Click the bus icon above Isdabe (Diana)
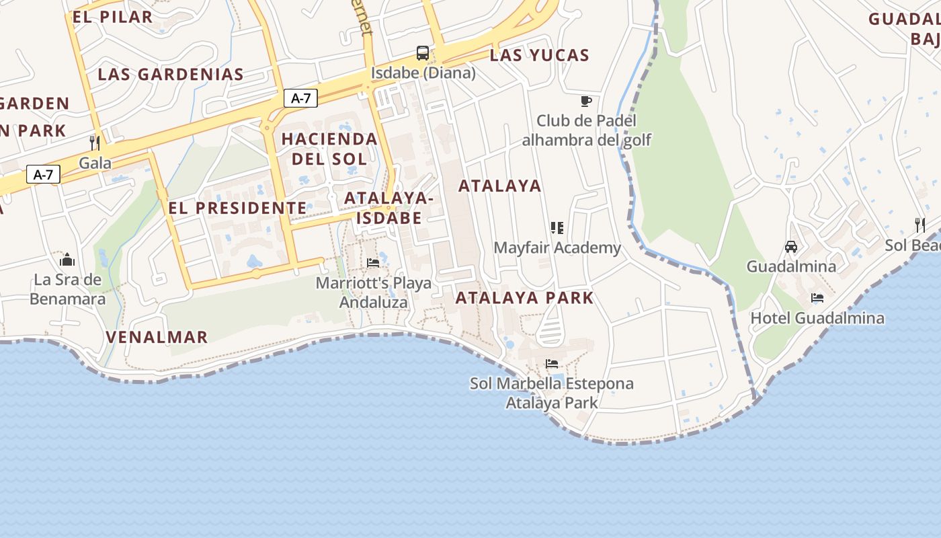coord(423,53)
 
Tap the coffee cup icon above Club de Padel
coord(586,102)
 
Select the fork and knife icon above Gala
coord(95,143)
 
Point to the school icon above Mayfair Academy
coord(557,228)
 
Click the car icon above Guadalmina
coord(791,247)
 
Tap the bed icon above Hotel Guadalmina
coord(817,298)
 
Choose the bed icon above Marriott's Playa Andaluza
coord(373,263)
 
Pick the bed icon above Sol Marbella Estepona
coord(552,364)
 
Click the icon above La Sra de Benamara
coord(67,260)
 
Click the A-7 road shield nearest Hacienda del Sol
coord(300,98)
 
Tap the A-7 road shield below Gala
coord(44,175)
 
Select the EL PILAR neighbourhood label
coord(112,17)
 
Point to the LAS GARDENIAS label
coord(171,75)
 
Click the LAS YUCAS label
coord(539,56)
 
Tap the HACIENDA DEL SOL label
coord(329,149)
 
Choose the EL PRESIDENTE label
coord(237,208)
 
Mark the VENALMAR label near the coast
coord(157,337)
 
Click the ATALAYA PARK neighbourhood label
coord(524,298)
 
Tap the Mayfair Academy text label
coord(557,248)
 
